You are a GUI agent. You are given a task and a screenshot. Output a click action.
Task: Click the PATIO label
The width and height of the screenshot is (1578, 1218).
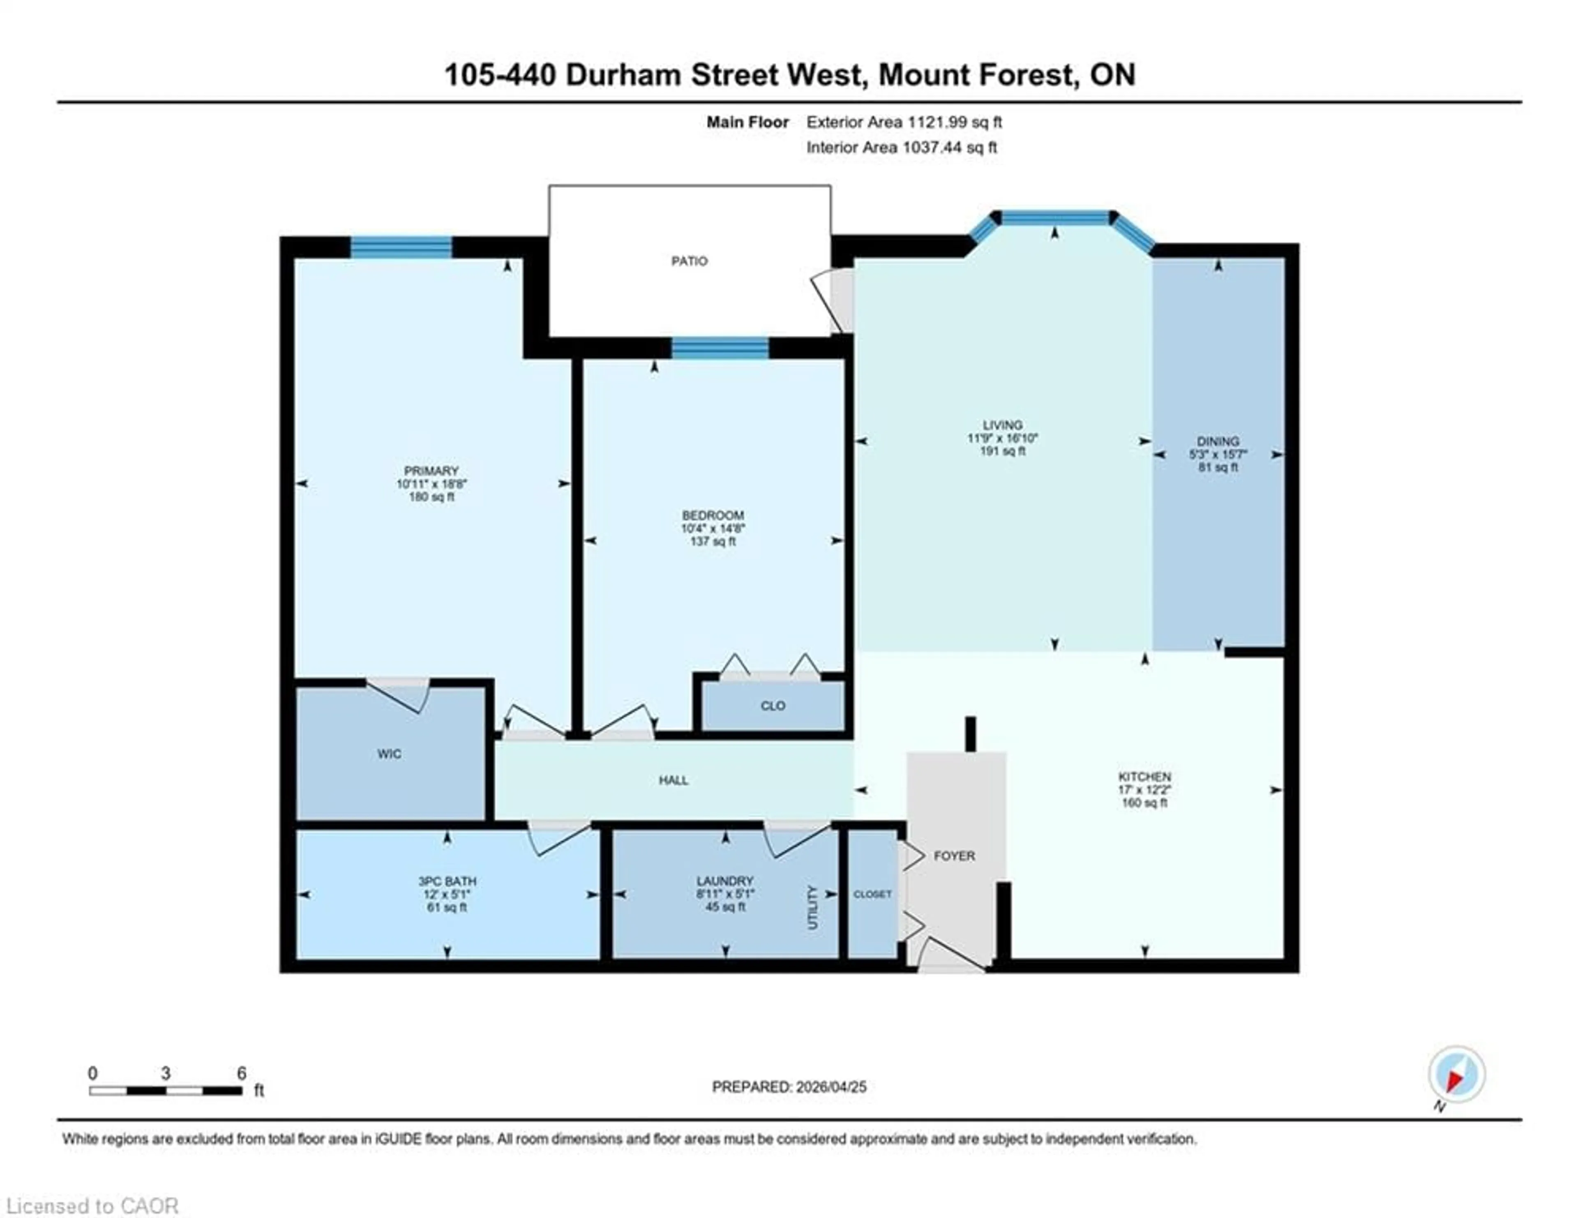(689, 261)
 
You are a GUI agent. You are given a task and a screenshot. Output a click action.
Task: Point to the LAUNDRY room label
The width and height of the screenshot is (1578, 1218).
(725, 881)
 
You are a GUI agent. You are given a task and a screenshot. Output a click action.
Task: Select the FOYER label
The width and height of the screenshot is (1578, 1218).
(954, 855)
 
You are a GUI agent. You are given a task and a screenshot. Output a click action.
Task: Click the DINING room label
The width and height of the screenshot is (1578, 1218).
(1218, 441)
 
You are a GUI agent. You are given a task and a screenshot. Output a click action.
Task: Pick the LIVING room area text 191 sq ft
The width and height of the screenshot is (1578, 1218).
(1002, 451)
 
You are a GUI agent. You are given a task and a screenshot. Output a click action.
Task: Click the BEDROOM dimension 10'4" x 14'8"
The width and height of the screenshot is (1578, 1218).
(713, 528)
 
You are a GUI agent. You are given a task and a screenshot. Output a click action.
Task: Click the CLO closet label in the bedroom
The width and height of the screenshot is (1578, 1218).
(773, 706)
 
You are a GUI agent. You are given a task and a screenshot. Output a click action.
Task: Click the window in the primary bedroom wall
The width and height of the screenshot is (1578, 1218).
(401, 247)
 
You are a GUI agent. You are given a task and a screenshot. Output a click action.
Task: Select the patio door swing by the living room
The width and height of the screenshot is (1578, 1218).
(831, 300)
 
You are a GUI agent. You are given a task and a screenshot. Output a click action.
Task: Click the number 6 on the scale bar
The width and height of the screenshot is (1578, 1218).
(241, 1073)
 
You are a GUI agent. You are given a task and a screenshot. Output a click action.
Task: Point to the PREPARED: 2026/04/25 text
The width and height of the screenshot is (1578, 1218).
(789, 1087)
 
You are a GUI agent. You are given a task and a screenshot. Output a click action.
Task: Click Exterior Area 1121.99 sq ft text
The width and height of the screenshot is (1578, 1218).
(903, 122)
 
